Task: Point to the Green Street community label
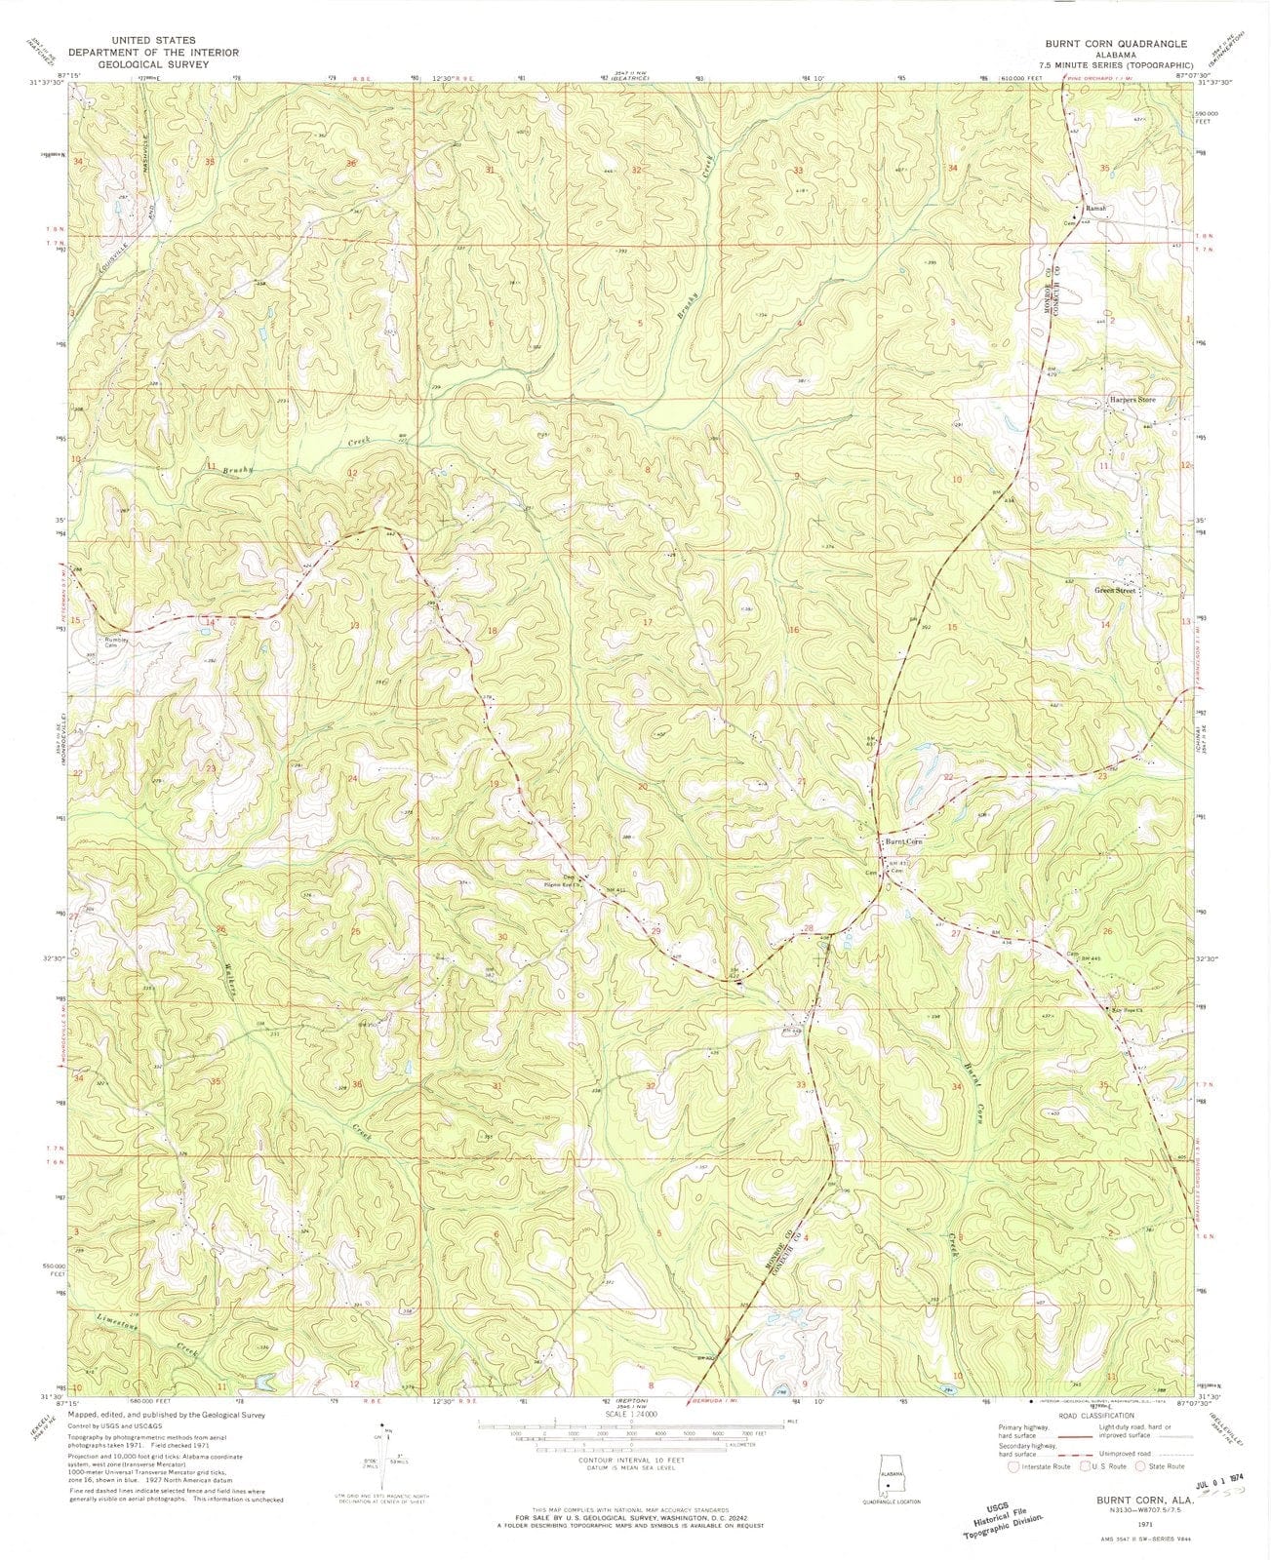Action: click(x=1116, y=591)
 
